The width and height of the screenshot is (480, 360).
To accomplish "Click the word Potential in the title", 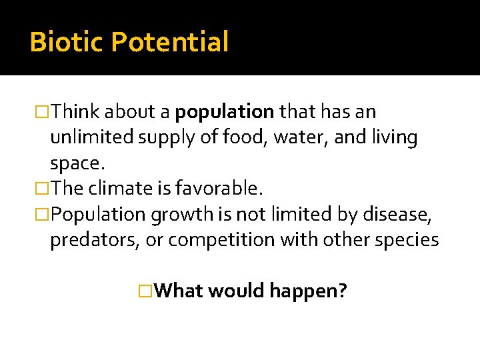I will (x=169, y=42).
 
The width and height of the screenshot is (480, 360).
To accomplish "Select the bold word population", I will (x=225, y=111).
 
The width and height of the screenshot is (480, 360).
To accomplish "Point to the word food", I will (x=239, y=137).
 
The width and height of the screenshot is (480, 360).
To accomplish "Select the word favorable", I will (x=217, y=189).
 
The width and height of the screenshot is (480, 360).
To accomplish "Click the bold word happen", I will (x=307, y=291).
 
